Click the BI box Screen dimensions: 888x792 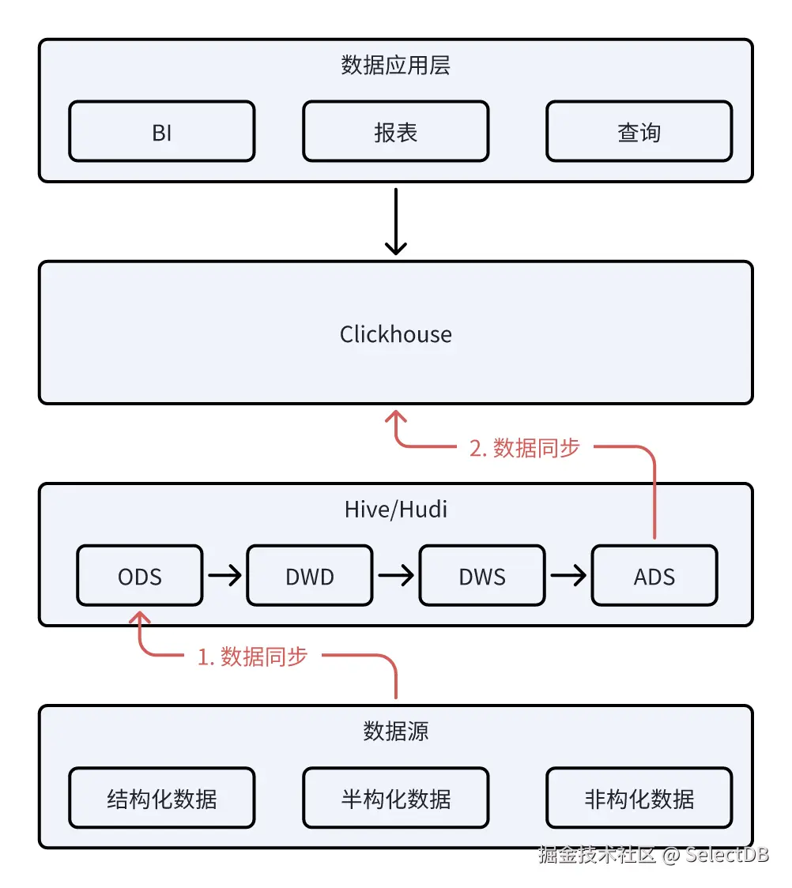(x=162, y=132)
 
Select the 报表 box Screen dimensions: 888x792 (x=395, y=132)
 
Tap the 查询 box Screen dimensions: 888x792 (x=639, y=132)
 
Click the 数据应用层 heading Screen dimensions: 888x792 (x=395, y=66)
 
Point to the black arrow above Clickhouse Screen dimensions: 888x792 (x=395, y=221)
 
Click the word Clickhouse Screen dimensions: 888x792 (x=395, y=334)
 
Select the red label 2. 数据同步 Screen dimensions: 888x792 (x=525, y=448)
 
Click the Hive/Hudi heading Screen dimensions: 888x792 (x=395, y=510)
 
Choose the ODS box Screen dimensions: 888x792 (x=140, y=576)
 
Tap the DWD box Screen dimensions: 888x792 (x=310, y=576)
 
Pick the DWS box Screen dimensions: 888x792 (x=481, y=576)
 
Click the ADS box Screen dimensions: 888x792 (x=654, y=576)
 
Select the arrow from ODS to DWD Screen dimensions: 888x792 (x=224, y=576)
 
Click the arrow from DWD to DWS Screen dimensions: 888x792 (x=395, y=576)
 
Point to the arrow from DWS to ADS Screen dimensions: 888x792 (x=568, y=576)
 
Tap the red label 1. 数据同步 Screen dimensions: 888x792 (x=252, y=657)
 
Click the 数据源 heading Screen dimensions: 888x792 (x=395, y=732)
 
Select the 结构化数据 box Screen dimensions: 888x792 (x=162, y=799)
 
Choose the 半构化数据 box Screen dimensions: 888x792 (x=395, y=799)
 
